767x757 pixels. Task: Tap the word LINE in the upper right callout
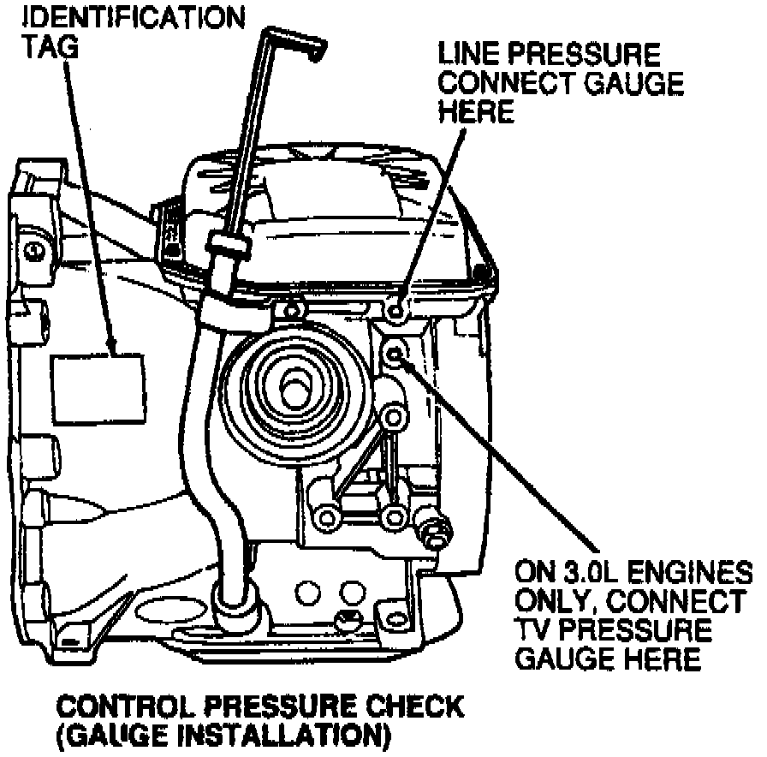coord(470,56)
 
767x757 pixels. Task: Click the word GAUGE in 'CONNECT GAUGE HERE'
coord(629,84)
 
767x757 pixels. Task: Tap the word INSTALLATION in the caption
coord(288,735)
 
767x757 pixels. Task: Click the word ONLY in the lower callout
coord(556,600)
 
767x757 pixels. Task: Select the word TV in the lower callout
coord(532,629)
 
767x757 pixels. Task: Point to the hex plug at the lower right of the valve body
coord(433,531)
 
